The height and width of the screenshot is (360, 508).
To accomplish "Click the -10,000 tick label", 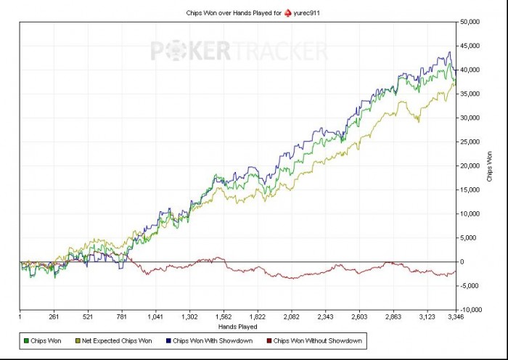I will (472, 309).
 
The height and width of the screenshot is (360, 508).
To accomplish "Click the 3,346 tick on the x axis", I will (455, 317).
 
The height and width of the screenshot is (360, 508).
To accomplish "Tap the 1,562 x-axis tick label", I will (224, 317).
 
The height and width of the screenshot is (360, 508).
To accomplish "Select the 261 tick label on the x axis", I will (54, 317).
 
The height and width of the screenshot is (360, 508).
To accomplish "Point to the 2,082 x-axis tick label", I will (292, 317).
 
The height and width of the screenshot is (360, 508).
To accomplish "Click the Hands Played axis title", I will (238, 327).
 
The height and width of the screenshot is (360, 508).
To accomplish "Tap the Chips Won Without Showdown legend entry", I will (317, 340).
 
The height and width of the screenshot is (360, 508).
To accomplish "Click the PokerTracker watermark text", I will (239, 52).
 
